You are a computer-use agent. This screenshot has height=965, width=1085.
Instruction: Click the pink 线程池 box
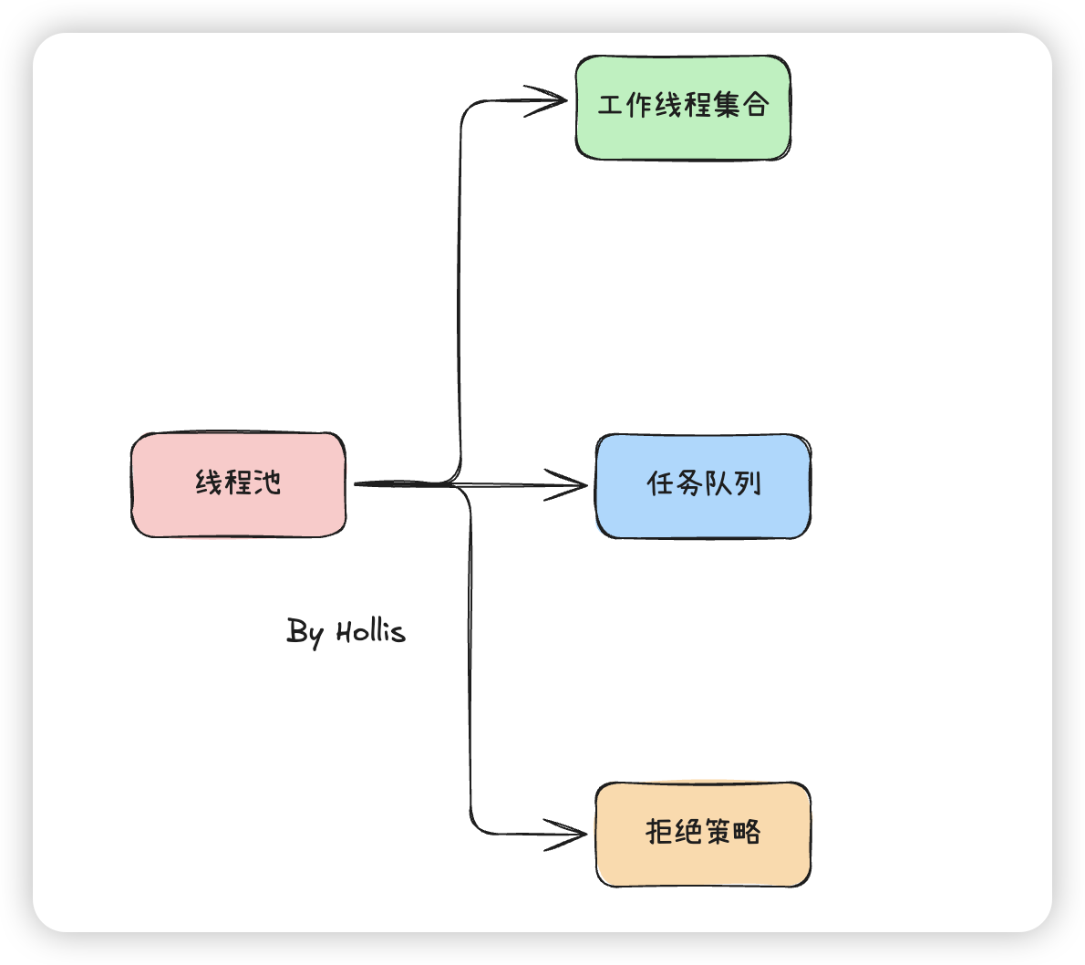coord(238,484)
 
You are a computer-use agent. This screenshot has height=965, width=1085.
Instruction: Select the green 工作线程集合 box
coord(683,108)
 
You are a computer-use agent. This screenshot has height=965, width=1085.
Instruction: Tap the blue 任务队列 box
coord(703,486)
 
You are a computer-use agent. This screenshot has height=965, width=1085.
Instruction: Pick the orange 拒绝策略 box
coord(703,834)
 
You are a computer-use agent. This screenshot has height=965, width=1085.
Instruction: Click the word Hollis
coord(370,631)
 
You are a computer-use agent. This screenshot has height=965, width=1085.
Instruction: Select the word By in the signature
coord(305,631)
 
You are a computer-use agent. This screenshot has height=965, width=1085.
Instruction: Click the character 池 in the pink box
coord(267,482)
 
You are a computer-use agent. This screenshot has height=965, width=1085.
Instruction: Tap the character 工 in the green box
coord(610,105)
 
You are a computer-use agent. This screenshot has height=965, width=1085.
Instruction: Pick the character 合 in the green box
coord(756,105)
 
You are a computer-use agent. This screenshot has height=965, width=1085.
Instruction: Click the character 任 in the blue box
coord(660,483)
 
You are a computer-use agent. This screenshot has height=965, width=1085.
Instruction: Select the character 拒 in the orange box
coord(659,831)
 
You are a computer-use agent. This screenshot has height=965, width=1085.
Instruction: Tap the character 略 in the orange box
coord(747,831)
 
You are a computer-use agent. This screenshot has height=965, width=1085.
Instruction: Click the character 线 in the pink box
coord(209,482)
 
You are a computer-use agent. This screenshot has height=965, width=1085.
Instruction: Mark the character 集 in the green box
coord(727,105)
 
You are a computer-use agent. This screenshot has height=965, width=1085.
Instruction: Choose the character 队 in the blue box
coord(718,483)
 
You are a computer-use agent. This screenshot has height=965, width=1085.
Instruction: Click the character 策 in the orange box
coord(718,831)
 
